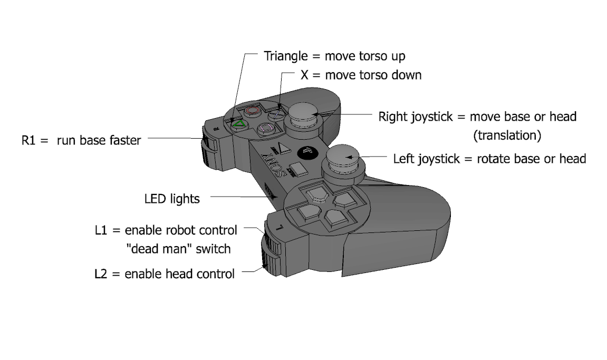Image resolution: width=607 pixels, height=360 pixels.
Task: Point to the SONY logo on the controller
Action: (x=273, y=164)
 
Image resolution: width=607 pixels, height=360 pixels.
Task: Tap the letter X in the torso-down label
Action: (x=304, y=75)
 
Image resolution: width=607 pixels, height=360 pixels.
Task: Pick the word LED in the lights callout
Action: (x=156, y=199)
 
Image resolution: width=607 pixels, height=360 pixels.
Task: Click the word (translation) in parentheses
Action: (x=507, y=135)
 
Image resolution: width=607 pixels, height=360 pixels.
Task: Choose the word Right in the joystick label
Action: (x=393, y=116)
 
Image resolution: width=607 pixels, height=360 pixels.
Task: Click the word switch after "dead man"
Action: (x=213, y=248)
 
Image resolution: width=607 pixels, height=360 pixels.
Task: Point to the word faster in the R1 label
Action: (x=123, y=141)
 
